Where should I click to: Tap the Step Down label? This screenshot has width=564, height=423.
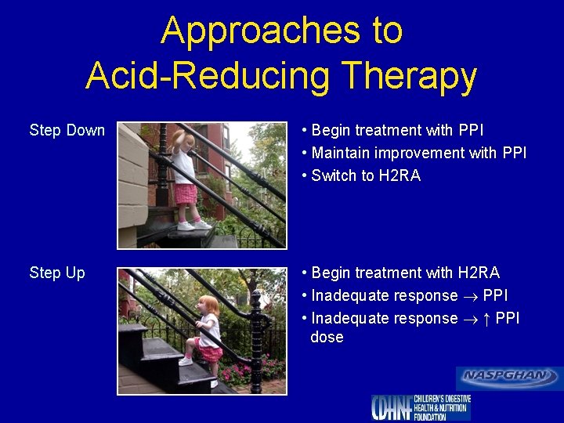pos(67,130)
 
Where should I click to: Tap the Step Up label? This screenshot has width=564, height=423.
pos(57,273)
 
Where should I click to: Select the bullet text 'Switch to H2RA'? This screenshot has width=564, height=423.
pos(366,175)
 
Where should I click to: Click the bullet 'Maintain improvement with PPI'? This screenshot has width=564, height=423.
pos(419,153)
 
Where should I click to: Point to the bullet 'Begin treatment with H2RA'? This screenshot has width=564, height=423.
pos(405,273)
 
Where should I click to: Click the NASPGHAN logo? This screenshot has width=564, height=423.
pos(509,377)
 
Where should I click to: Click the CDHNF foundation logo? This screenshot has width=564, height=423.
pos(421,407)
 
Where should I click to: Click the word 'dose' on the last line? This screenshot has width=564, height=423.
pos(327,337)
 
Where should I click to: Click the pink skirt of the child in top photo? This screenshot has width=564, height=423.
pos(186,193)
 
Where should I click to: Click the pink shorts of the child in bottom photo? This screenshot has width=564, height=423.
pos(210,353)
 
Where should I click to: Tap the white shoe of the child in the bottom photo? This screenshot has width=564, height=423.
pos(186,361)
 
